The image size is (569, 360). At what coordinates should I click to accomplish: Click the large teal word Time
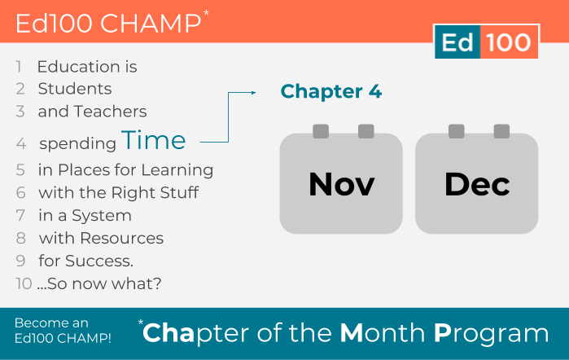click(x=154, y=140)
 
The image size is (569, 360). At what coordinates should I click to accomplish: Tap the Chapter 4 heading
click(x=331, y=91)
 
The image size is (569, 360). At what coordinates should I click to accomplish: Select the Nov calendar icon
click(x=341, y=178)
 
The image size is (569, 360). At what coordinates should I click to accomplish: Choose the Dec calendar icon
click(x=477, y=178)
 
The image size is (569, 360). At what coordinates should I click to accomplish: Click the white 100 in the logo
click(x=509, y=42)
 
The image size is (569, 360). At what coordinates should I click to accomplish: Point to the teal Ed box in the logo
click(x=457, y=42)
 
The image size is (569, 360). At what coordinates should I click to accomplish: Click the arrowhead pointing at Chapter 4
click(x=254, y=93)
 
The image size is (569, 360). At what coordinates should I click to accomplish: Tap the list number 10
click(x=24, y=283)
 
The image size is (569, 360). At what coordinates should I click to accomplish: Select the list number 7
click(x=20, y=215)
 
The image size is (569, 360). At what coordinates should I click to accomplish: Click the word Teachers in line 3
click(x=111, y=112)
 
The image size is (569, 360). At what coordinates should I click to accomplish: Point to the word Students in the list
click(x=75, y=89)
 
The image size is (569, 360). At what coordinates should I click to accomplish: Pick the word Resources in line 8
click(x=121, y=239)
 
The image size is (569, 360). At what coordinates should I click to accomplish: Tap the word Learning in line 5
click(x=177, y=170)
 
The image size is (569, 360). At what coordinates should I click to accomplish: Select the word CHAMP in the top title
click(x=151, y=24)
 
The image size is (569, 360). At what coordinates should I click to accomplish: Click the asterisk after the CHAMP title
click(x=206, y=13)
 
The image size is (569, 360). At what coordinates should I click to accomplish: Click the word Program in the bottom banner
click(x=492, y=334)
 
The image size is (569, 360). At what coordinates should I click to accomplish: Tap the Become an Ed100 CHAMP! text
click(x=63, y=331)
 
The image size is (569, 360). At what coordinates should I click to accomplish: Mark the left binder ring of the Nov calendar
click(x=321, y=131)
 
